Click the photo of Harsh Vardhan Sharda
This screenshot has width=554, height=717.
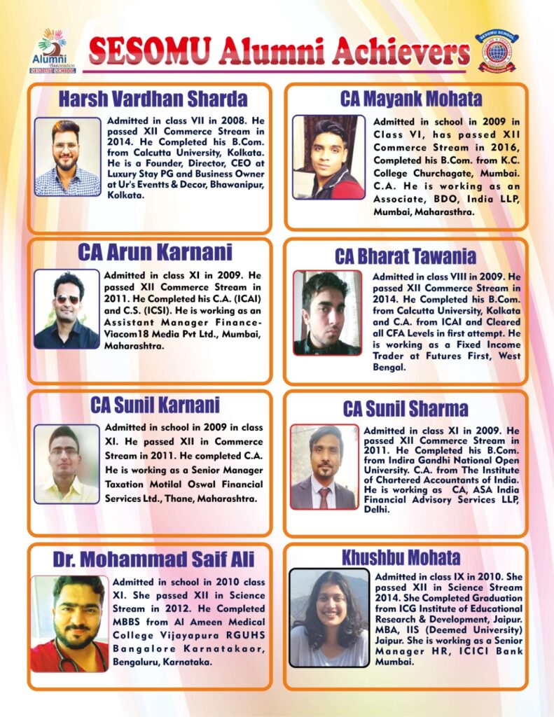pos(67,157)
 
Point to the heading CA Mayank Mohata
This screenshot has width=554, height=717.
pos(401,99)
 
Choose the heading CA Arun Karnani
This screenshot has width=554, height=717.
pos(155,252)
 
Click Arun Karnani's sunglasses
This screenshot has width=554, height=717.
pos(68,300)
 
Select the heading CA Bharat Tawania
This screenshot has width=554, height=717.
pos(405,256)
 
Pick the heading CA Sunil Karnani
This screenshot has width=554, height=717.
pos(155,405)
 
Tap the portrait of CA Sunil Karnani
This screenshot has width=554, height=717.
pos(67,464)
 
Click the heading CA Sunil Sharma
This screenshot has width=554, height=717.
pos(406,408)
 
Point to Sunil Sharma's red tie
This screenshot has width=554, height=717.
pos(324,496)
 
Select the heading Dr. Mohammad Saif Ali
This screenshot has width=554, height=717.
pos(153,559)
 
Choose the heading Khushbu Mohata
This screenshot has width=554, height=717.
pos(401,557)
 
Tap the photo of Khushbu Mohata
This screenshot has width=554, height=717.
pos(328,617)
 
